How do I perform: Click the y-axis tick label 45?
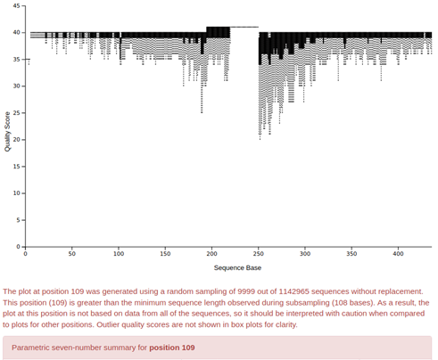(x=17, y=6)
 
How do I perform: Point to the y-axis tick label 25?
(x=17, y=113)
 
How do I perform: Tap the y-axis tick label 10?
(x=17, y=193)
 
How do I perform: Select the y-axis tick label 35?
(x=17, y=60)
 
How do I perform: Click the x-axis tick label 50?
(x=72, y=254)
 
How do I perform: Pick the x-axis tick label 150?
(x=165, y=254)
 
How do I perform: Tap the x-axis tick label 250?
(x=259, y=254)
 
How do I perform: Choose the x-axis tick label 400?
(x=398, y=254)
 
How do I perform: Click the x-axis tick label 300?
(x=305, y=254)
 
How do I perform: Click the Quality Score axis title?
(x=7, y=132)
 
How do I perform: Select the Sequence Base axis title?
(x=237, y=268)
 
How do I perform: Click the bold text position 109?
(x=172, y=348)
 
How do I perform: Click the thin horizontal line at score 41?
(x=244, y=27)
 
